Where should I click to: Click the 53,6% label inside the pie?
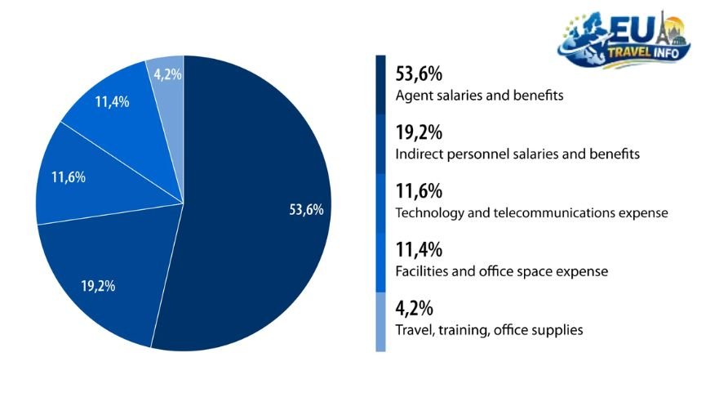tap(306, 210)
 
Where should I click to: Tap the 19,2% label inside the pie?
tap(98, 286)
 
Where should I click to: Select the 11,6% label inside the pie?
tap(68, 177)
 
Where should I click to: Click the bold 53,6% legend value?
tap(419, 74)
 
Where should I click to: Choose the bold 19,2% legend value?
tap(419, 133)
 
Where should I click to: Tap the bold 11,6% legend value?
tap(419, 192)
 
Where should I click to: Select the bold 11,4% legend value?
tap(419, 250)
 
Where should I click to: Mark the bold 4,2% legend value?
tap(414, 309)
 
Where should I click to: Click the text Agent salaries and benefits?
tap(479, 96)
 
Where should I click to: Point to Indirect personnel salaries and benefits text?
tap(517, 154)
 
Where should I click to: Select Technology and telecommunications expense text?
tap(531, 213)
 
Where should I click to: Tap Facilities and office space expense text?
tap(501, 271)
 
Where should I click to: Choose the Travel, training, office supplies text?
tap(488, 330)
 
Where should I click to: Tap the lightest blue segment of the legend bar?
tap(380, 322)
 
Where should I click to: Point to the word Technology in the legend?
tap(428, 213)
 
